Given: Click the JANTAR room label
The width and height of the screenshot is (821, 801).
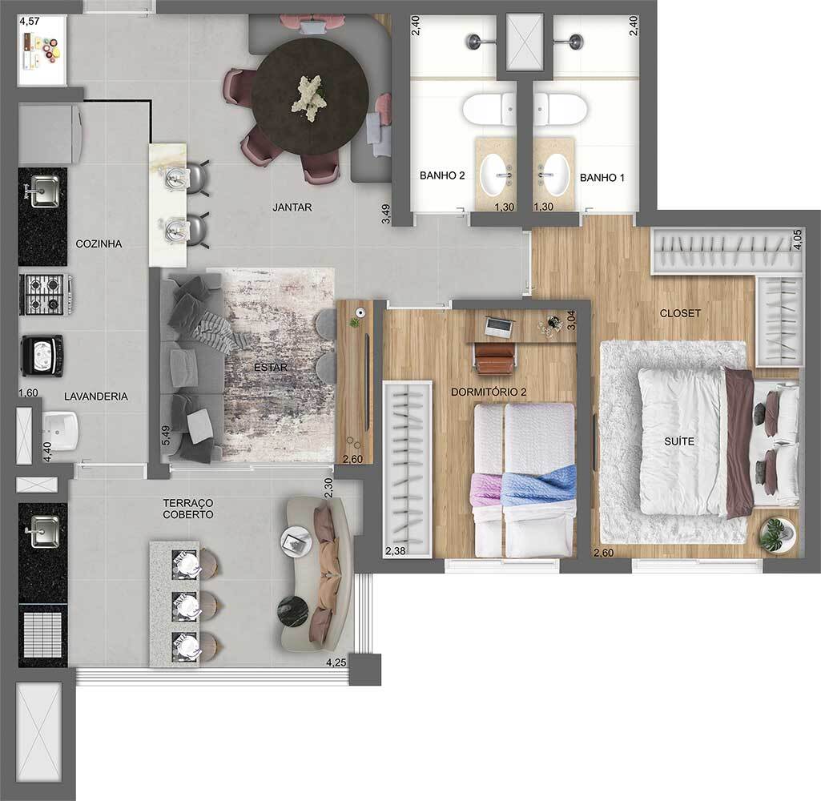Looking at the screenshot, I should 292,207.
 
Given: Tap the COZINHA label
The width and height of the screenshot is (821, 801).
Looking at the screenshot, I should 99,244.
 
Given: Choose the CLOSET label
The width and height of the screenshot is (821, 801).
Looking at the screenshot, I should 680,313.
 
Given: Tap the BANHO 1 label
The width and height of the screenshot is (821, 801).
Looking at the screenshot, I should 602,178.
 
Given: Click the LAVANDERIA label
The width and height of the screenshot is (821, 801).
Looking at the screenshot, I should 96,396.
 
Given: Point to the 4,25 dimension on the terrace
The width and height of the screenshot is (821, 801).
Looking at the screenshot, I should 336,662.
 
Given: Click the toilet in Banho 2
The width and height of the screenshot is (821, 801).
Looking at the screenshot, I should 489,108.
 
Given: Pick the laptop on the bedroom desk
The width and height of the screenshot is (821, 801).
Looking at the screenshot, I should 500,325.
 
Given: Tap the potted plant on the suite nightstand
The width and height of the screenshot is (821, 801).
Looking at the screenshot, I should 775,534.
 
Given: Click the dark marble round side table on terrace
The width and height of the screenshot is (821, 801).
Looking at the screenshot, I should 292,611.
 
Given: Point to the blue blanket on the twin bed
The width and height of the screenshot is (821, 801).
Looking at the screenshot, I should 538,485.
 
